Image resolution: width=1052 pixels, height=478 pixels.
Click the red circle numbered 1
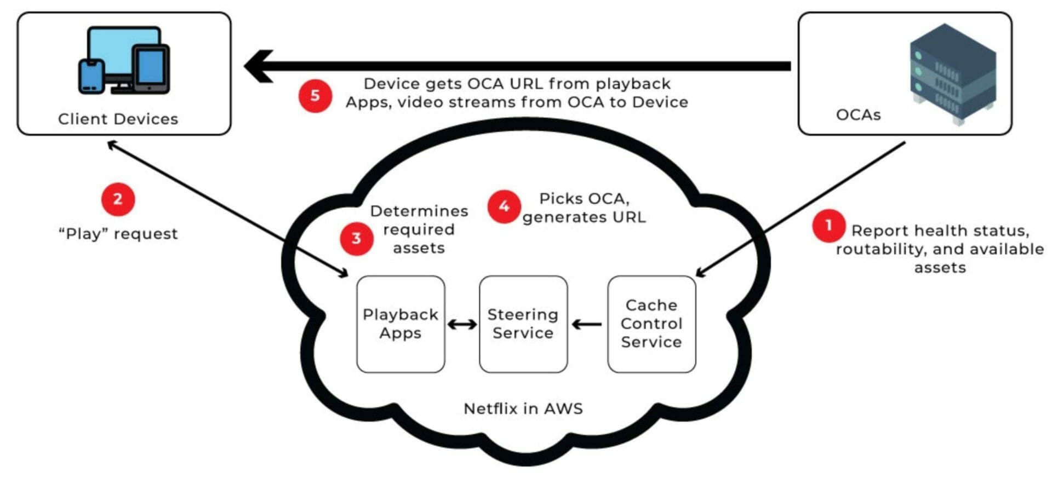(828, 226)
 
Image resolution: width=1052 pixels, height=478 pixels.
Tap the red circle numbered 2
(118, 199)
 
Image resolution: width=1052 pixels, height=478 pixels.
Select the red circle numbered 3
(356, 238)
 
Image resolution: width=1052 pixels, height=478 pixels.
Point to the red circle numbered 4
(504, 206)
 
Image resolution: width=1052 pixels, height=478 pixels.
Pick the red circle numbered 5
(315, 96)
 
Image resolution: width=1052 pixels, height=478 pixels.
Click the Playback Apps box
(401, 324)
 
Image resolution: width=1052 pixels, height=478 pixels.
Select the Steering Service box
(523, 324)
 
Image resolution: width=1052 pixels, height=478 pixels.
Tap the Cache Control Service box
(651, 324)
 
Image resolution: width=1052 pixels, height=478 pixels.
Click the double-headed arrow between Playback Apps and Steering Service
(462, 325)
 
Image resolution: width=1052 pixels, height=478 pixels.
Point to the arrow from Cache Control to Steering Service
(587, 325)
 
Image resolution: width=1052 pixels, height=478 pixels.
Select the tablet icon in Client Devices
(151, 69)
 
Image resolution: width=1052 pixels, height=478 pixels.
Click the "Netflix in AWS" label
(523, 408)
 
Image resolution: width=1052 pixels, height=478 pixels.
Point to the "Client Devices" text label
(118, 119)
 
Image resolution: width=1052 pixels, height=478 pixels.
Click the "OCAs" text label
(858, 115)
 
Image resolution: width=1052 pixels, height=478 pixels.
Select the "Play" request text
(118, 234)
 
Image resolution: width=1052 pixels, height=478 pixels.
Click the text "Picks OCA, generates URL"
(584, 208)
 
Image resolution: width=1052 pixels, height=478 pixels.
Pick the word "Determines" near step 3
(419, 211)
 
